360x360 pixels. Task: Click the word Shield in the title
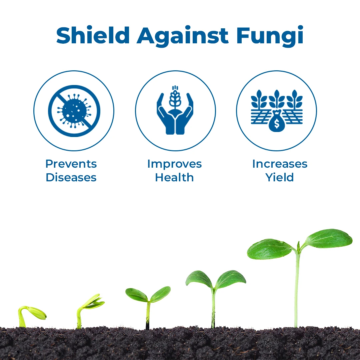coord(93,35)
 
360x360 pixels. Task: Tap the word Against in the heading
coord(183,36)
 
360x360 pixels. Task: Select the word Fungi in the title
coord(270,36)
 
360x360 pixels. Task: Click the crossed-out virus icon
coord(74,111)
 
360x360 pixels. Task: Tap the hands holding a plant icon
coord(175,110)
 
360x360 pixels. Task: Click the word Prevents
coord(71,164)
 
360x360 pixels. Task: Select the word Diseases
coord(71,177)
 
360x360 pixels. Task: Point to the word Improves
coord(174,164)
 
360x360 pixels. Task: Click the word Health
coord(174,177)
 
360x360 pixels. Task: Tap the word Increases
coord(280,164)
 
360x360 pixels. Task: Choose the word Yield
coord(280,177)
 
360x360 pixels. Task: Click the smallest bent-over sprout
coord(32,316)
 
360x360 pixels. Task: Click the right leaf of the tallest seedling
coord(329,238)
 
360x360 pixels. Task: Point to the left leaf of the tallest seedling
coord(270,249)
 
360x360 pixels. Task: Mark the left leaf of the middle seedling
coord(136,295)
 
